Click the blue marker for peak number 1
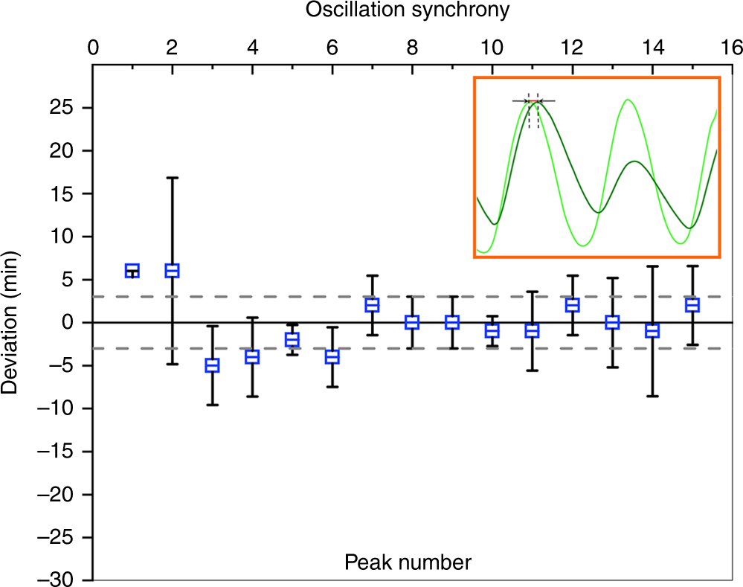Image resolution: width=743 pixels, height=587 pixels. click(x=132, y=271)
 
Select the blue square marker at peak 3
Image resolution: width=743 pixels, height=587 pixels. click(x=212, y=365)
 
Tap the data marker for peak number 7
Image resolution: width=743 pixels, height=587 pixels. click(x=372, y=305)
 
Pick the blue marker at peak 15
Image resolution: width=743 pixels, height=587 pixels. click(x=692, y=305)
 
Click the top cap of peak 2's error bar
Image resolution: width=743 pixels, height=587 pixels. click(x=173, y=178)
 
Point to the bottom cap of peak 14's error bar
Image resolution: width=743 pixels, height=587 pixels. click(x=652, y=397)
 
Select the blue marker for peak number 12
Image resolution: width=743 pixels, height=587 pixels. click(x=572, y=305)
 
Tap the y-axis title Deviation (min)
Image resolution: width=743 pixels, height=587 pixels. click(x=14, y=322)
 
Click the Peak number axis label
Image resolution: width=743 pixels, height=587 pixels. click(x=408, y=562)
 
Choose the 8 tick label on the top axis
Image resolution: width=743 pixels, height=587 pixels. click(x=412, y=48)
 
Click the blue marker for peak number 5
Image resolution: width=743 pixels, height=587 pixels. click(x=292, y=339)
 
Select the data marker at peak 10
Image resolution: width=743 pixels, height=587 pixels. click(x=492, y=331)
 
